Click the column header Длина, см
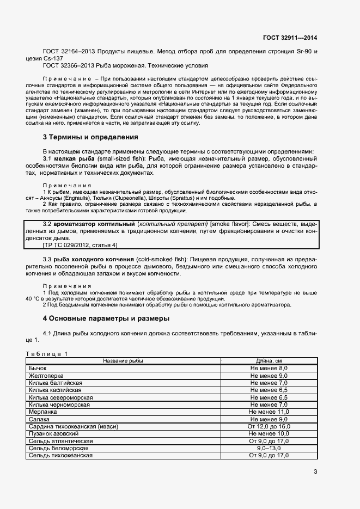tap(269, 361)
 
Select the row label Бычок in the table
tap(38, 369)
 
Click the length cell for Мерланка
tap(269, 412)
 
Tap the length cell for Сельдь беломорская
tap(269, 448)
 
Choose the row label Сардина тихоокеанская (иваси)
tap(73, 426)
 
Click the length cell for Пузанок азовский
tap(269, 433)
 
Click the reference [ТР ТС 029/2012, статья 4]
tap(80, 245)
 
